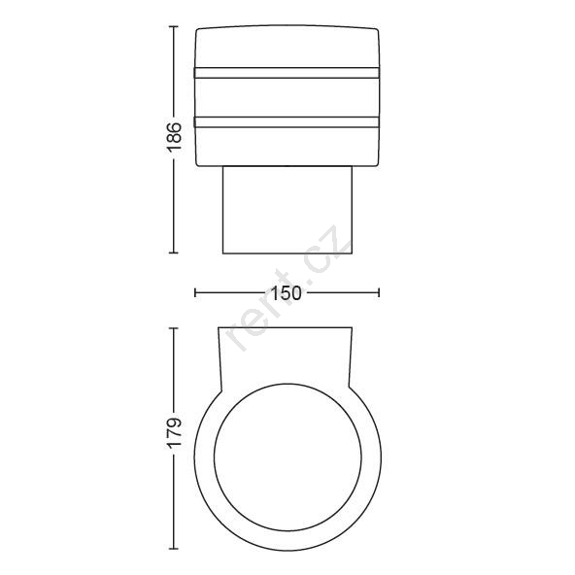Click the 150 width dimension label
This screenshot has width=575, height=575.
click(x=287, y=293)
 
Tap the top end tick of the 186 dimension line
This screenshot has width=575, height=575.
click(x=174, y=27)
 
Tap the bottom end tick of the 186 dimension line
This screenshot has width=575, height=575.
click(x=174, y=253)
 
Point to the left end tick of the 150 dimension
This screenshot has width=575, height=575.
click(x=195, y=292)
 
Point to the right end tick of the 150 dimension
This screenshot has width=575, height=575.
click(x=379, y=292)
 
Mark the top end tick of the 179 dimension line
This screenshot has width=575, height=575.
click(x=174, y=328)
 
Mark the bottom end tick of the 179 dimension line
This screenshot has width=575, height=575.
click(x=174, y=549)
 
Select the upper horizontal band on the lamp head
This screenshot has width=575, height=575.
click(x=287, y=73)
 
